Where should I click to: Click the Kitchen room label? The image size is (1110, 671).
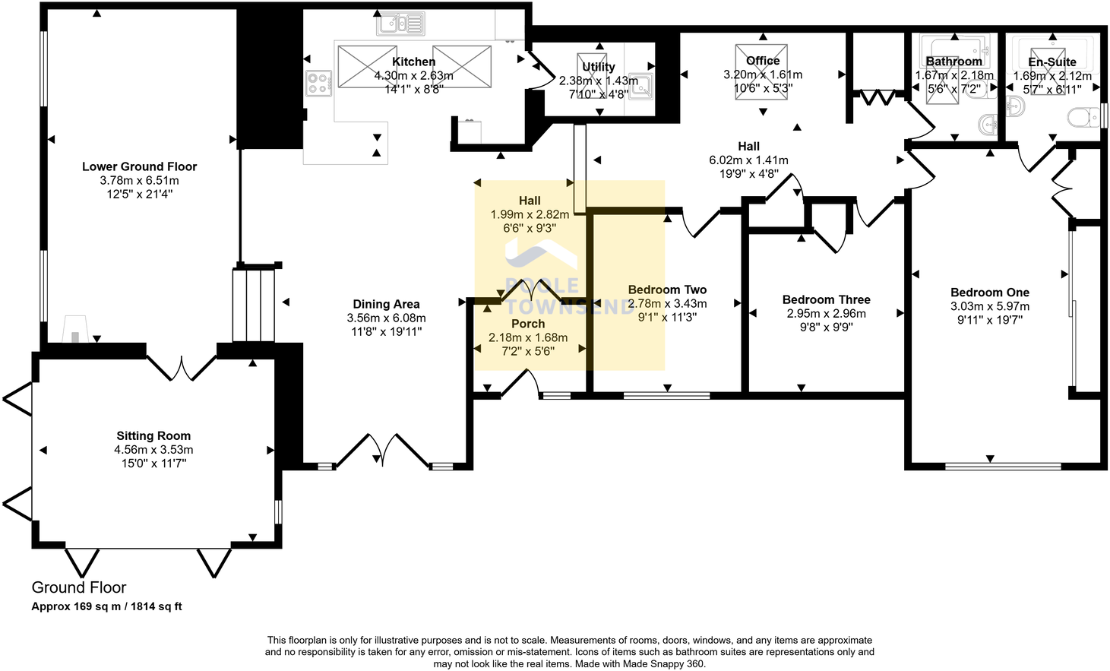coord(413,62)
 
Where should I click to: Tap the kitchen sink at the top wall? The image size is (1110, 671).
coord(400,24)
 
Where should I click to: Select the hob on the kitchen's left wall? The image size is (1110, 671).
coord(318,83)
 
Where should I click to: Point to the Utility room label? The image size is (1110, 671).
coord(598,67)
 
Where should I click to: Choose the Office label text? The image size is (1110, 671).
coord(763,61)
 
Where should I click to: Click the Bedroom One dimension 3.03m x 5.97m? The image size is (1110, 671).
coord(989,306)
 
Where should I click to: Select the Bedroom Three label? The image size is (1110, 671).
coord(826,299)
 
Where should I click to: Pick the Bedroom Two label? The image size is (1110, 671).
coord(667,290)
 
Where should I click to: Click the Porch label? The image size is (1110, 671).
coord(528,324)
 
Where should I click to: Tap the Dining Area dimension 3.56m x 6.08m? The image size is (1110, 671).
coord(386,318)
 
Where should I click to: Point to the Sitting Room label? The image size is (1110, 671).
coord(153,435)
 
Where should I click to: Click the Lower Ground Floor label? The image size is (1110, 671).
coord(139,166)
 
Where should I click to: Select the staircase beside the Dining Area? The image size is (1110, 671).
coord(253,304)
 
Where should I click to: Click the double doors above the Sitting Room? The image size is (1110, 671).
coord(182,366)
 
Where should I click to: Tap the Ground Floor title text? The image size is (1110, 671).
coord(79,587)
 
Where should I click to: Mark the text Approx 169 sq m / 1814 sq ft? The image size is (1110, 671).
coord(106,606)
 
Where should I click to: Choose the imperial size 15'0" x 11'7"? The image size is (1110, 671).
coord(153,463)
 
